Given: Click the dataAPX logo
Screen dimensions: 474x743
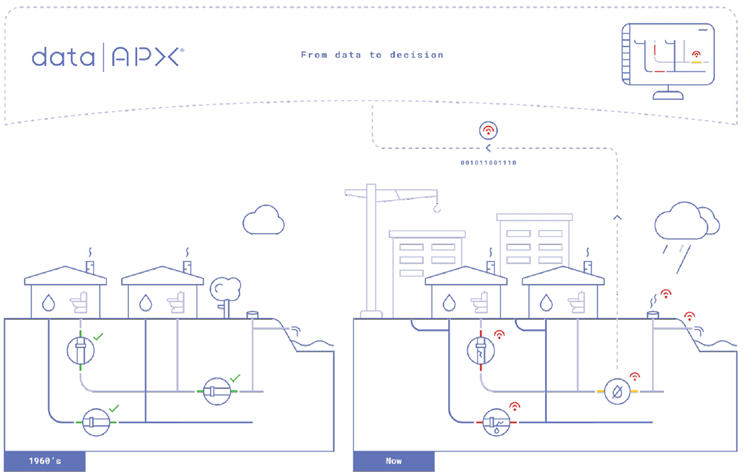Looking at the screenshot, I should coord(106,56).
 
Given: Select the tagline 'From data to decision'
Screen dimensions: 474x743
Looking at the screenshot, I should coord(372,55).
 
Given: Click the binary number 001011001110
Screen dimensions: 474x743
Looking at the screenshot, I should coord(488,162).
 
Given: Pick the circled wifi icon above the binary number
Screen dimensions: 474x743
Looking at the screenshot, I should coord(488,131).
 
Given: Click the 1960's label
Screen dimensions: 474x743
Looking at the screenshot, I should coord(43,462).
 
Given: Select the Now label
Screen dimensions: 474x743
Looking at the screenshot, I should coord(394,462).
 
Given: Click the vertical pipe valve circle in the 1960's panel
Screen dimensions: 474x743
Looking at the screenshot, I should coord(81,350).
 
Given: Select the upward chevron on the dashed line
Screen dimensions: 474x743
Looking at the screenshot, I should coord(618,215).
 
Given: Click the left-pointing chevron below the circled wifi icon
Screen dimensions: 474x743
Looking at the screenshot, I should coord(488,147).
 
